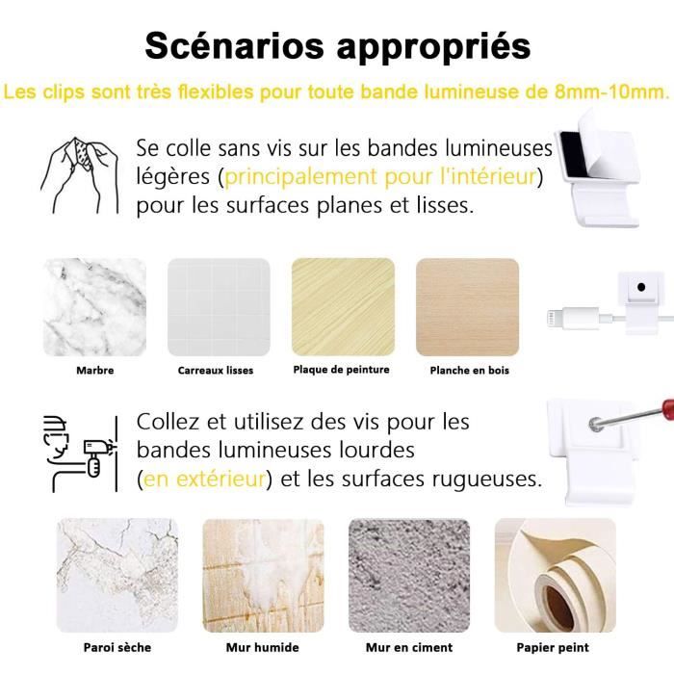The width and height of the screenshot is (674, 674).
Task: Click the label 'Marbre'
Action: pyautogui.click(x=94, y=370)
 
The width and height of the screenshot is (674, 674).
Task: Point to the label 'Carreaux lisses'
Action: pyautogui.click(x=216, y=370)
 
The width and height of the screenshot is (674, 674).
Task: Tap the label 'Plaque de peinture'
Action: pyautogui.click(x=341, y=369)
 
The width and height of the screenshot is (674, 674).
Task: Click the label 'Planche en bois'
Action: pyautogui.click(x=470, y=370)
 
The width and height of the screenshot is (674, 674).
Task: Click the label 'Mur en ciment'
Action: pyautogui.click(x=409, y=647)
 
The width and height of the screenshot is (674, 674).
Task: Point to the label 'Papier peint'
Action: pyautogui.click(x=553, y=647)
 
